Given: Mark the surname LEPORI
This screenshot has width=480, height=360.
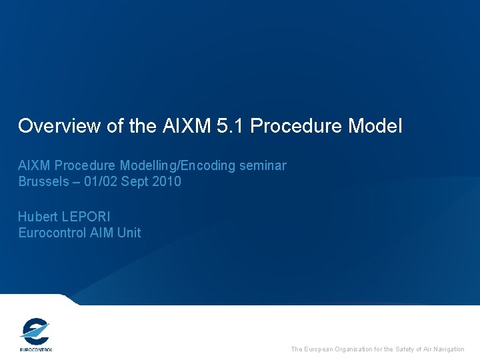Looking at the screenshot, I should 85,217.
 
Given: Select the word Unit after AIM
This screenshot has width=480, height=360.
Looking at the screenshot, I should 129,233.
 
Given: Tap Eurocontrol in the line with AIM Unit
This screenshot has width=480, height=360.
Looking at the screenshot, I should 51,233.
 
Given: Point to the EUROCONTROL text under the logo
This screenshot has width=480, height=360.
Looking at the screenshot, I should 35,349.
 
